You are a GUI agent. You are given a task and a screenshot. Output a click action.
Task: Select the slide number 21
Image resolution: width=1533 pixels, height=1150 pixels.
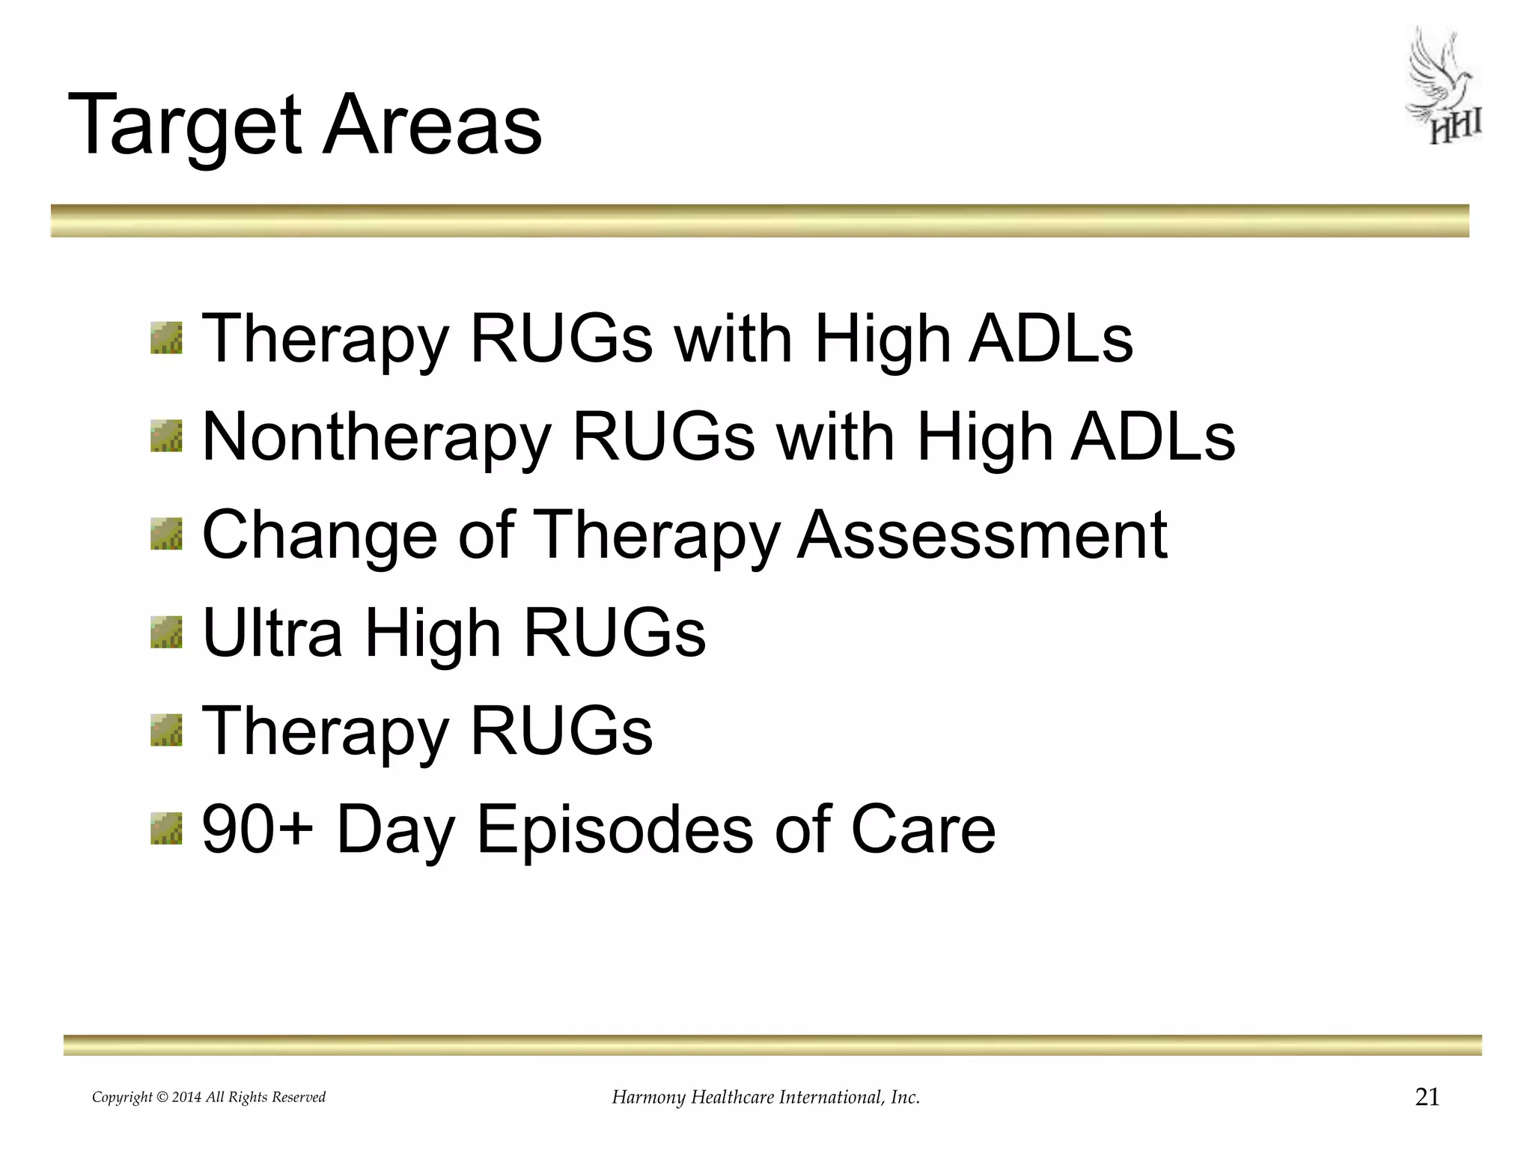[1427, 1097]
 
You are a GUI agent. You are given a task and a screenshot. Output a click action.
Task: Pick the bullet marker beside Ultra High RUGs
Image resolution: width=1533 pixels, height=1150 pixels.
[166, 632]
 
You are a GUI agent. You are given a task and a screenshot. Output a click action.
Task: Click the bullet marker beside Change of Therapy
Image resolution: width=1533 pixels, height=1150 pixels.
[166, 533]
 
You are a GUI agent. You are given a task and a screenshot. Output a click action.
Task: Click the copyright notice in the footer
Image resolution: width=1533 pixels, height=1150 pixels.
[209, 1098]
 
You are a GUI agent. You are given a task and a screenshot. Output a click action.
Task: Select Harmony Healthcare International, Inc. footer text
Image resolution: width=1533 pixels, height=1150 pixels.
[765, 1098]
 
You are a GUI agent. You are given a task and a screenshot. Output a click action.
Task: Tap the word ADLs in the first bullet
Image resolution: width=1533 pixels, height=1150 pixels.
[1050, 338]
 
